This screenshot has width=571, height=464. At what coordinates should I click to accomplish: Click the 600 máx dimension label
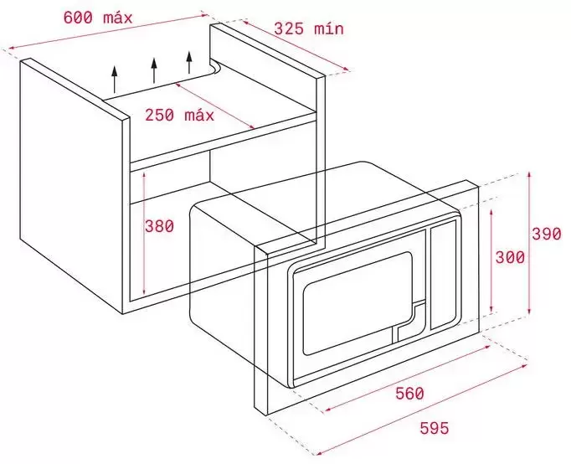pos(98,18)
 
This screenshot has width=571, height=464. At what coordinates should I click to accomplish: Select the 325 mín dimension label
pos(309,28)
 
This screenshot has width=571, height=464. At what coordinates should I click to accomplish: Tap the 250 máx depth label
pos(179,115)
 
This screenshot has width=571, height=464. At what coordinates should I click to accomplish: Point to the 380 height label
pos(160,226)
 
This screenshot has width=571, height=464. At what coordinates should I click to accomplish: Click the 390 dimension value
pos(547,234)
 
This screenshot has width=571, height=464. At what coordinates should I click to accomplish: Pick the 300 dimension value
pos(510,257)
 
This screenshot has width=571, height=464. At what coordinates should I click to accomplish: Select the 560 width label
pos(409,394)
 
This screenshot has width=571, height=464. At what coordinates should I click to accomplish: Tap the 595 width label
pos(435,428)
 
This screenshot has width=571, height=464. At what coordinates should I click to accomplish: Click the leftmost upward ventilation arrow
pos(115,80)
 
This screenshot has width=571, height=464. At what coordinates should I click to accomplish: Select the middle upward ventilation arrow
pos(154,70)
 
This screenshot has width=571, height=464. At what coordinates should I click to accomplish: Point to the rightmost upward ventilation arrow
pos(189,63)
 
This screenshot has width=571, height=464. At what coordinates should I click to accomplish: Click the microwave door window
pos(358,303)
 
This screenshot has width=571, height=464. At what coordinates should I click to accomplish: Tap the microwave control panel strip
pos(443,277)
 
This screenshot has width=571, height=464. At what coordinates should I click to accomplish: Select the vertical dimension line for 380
pos(145,233)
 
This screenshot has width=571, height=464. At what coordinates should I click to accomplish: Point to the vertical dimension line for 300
pos(491,260)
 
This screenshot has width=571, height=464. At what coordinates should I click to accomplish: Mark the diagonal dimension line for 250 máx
pos(214,106)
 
